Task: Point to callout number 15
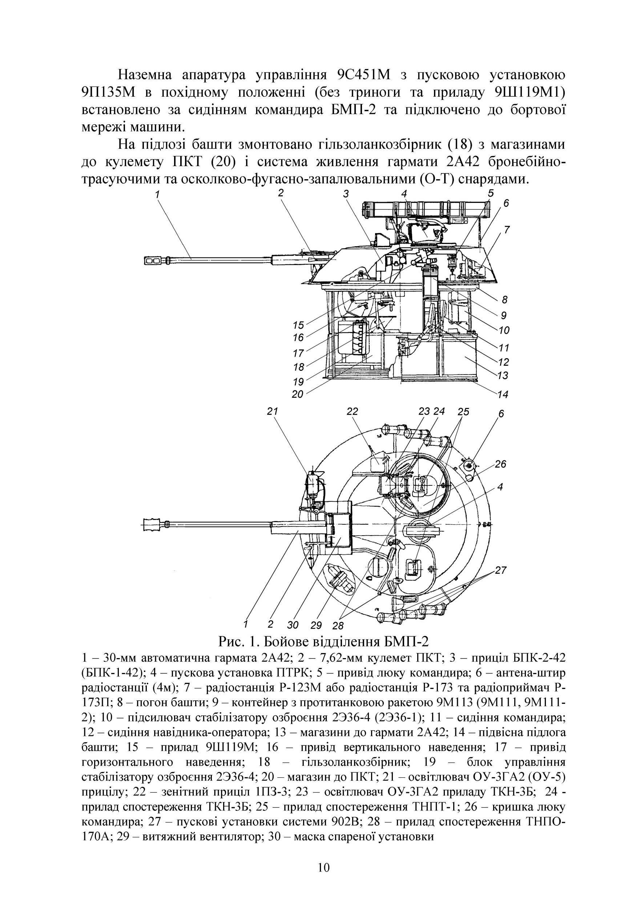click(298, 325)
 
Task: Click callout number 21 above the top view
click(272, 411)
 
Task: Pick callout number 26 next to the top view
click(500, 464)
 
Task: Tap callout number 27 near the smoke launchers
click(501, 570)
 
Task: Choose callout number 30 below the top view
click(293, 625)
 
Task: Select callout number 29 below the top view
click(316, 625)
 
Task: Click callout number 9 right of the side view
click(503, 316)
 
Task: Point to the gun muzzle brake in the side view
click(156, 260)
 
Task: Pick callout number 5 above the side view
click(491, 193)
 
